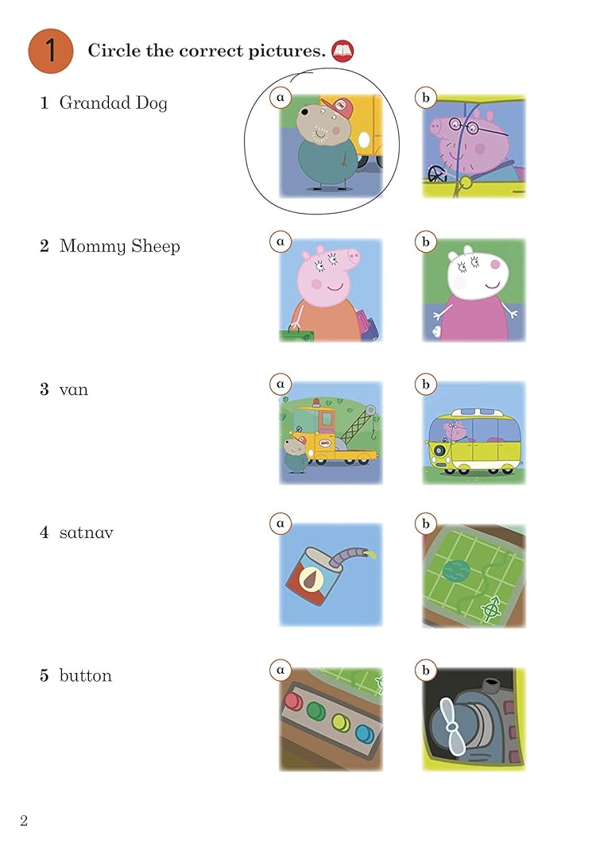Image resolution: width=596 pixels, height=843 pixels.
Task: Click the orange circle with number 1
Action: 51,51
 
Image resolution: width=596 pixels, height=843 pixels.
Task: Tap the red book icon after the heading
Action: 343,51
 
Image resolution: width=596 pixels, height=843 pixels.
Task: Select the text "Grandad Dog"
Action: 113,102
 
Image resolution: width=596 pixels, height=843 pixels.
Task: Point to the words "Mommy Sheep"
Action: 119,246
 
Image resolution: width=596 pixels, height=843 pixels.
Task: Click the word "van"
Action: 74,390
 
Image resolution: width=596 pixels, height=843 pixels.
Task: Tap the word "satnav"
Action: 86,532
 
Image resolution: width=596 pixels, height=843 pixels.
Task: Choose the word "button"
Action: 86,675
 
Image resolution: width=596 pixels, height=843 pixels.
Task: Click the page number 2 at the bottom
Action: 24,821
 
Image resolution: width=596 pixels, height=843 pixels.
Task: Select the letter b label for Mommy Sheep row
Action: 425,242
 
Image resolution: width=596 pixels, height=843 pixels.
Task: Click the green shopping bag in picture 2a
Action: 296,334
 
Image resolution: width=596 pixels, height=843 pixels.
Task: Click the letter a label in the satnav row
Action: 281,523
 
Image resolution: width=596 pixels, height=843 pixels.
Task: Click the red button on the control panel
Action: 294,701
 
